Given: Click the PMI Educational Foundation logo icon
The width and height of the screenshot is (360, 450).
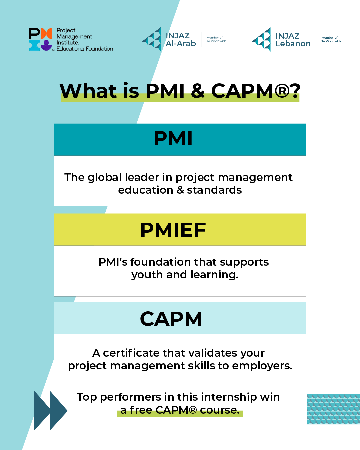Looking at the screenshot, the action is tap(40, 39).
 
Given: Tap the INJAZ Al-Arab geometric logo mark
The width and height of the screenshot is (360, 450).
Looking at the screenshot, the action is tap(153, 39).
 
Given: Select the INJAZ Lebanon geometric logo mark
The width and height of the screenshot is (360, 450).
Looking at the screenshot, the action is tap(262, 40).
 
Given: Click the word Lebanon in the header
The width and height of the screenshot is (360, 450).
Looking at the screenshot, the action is tap(293, 44).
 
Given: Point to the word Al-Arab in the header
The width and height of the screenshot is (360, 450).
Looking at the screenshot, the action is tap(181, 44).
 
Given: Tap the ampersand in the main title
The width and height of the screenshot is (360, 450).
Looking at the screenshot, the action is tap(198, 91).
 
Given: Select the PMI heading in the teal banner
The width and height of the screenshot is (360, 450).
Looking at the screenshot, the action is tap(173, 138).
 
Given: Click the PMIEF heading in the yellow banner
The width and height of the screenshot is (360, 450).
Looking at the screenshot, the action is tap(173, 230).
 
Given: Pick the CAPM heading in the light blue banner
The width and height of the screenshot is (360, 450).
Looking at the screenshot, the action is tap(171, 319).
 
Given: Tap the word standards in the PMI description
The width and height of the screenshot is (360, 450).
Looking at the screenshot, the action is tap(214, 190).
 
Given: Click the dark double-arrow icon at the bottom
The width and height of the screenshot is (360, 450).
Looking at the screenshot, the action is tap(50, 411).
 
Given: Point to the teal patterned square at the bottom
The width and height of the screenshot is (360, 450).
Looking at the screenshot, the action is tap(333, 409).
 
